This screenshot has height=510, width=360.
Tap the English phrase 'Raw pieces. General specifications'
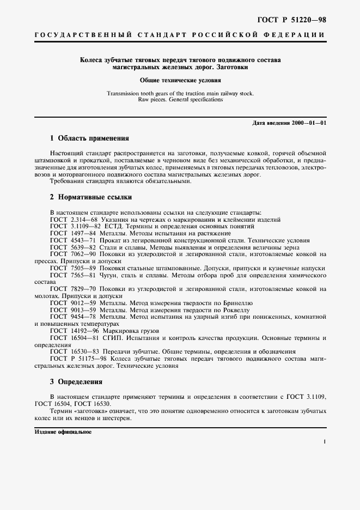point(180,100)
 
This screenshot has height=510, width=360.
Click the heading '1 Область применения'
point(89,138)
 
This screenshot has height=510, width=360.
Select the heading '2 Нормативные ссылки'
point(91,197)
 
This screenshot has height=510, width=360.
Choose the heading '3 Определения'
point(76,382)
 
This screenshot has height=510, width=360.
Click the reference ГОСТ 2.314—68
point(73,219)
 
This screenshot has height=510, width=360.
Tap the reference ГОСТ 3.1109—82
point(75,226)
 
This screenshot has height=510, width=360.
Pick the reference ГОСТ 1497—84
point(73,233)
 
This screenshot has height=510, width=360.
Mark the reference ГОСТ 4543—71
point(73,240)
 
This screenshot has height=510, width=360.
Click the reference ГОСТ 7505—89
point(73,269)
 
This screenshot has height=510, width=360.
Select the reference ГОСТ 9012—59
point(73,302)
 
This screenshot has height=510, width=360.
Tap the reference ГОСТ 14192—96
point(75,331)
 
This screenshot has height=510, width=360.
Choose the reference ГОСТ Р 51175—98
point(78,359)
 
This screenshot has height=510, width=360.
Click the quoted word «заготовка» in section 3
point(90,410)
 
